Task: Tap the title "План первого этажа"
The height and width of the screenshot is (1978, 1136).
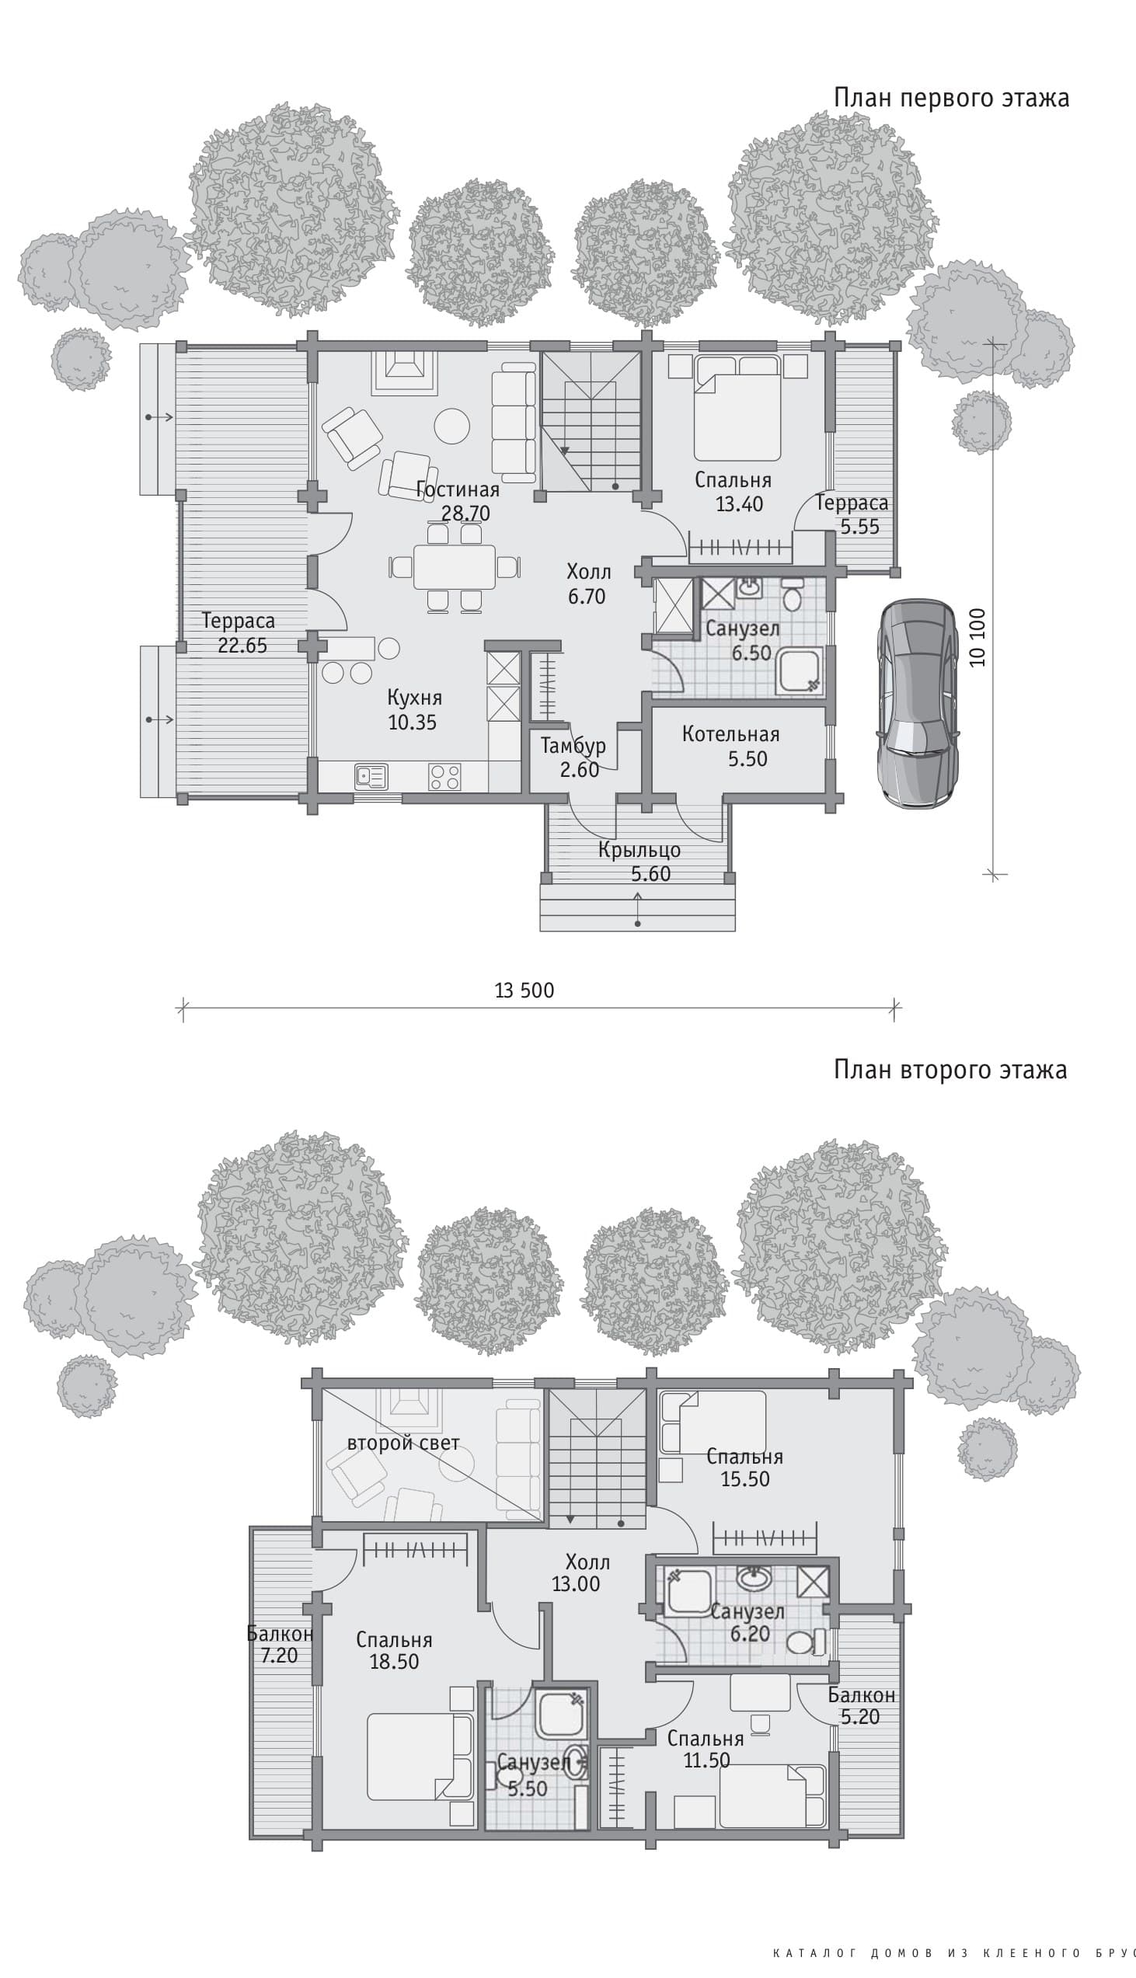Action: [x=951, y=98]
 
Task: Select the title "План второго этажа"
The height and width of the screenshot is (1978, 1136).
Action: [x=950, y=1069]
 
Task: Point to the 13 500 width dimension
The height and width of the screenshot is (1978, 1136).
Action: [x=524, y=991]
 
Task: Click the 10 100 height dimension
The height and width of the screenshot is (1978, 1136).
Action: [x=977, y=637]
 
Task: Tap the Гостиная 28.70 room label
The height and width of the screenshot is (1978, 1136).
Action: [x=458, y=502]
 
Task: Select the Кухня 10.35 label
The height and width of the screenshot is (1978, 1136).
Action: [x=413, y=710]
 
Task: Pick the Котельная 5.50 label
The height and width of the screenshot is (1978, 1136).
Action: [x=731, y=747]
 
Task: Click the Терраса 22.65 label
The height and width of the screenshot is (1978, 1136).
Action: [x=239, y=633]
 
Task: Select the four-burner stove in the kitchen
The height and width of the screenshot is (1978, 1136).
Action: [x=444, y=777]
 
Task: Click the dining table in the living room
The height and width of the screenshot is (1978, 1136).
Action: [x=455, y=567]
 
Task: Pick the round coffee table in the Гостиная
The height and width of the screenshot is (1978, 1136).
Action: [x=451, y=426]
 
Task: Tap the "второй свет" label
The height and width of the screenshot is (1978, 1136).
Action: [x=403, y=1443]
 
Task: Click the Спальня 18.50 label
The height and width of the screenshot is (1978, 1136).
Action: [x=394, y=1650]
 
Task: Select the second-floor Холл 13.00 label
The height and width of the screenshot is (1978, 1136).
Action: [x=577, y=1572]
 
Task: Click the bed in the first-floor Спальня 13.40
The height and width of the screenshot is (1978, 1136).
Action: [x=738, y=408]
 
